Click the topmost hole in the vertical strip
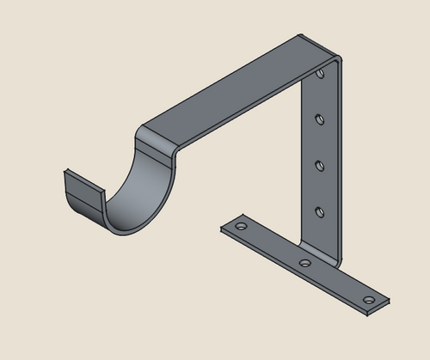pyautogui.click(x=320, y=75)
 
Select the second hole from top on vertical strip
pyautogui.click(x=320, y=118)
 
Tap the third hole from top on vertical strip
pyautogui.click(x=320, y=163)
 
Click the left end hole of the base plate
pyautogui.click(x=241, y=228)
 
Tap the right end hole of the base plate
pyautogui.click(x=369, y=300)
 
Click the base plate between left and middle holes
pyautogui.click(x=271, y=245)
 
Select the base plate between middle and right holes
pyautogui.click(x=337, y=282)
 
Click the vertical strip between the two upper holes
pyautogui.click(x=320, y=96)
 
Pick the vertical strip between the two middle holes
pyautogui.click(x=320, y=141)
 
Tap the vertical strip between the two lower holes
pyautogui.click(x=320, y=186)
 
